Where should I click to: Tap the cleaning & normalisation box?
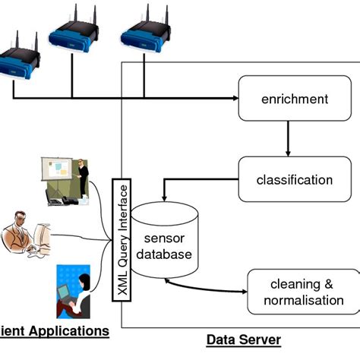pos(302,292)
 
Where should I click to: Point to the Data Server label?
pos(243,339)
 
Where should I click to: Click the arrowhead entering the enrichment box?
pos(234,99)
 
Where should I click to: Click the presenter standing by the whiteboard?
pos(83,178)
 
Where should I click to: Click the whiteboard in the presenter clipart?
pos(61,175)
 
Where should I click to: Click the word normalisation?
pos(302,300)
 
